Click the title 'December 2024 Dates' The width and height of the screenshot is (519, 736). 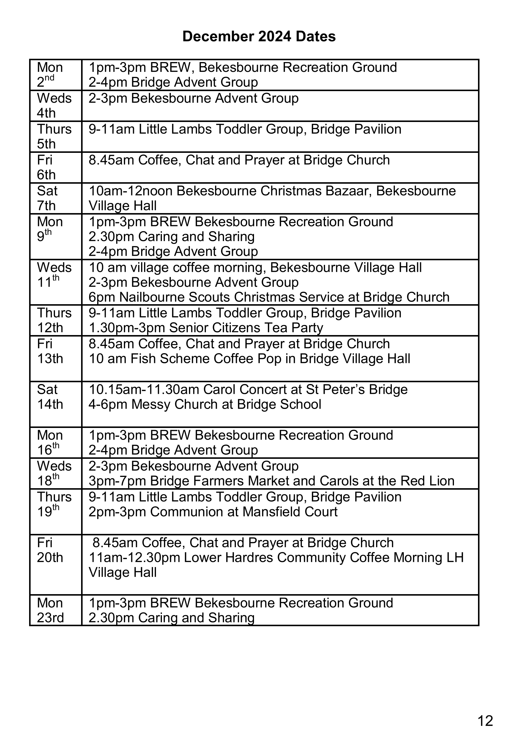click(x=259, y=37)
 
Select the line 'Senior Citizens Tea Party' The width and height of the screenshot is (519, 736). click(x=246, y=328)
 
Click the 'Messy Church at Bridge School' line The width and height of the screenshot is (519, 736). click(x=205, y=405)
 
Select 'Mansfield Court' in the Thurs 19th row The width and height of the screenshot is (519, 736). click(x=290, y=512)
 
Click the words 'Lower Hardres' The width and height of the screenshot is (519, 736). click(x=228, y=557)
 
